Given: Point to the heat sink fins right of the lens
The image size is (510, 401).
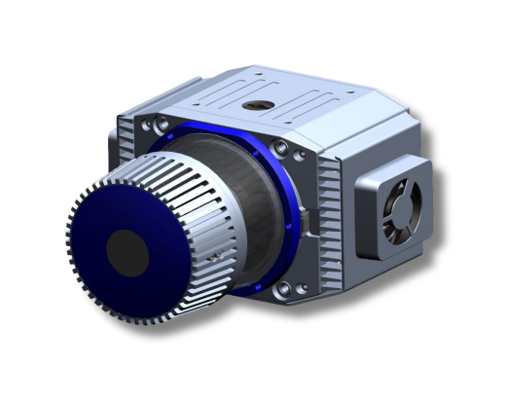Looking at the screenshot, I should click(326, 224).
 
